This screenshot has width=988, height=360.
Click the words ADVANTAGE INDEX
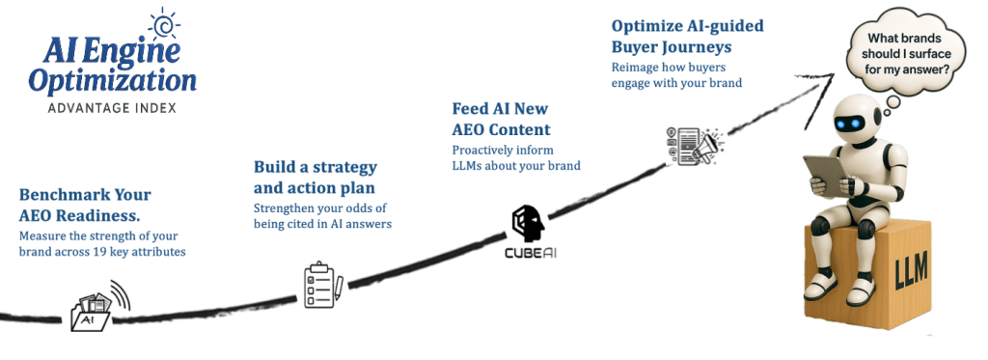111,108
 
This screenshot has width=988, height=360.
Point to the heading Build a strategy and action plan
315,176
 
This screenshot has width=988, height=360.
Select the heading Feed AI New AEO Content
502,119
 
